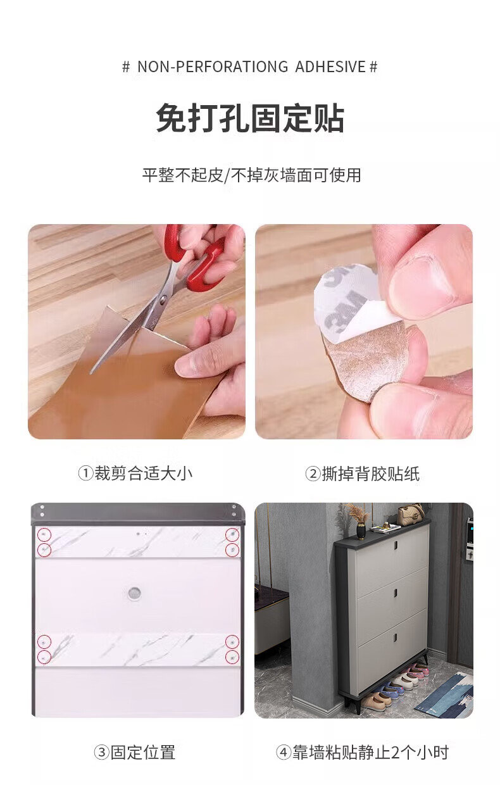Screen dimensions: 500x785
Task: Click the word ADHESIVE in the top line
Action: point(330,66)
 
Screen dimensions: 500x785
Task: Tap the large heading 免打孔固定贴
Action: point(250,118)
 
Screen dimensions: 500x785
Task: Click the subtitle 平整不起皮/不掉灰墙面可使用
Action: point(251,175)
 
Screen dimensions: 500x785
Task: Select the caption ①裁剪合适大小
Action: point(135,473)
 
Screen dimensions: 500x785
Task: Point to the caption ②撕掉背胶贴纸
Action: point(362,474)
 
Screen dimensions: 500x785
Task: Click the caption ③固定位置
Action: point(135,751)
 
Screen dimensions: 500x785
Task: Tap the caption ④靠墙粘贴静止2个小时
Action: point(362,751)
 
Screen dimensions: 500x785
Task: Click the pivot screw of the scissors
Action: point(163,299)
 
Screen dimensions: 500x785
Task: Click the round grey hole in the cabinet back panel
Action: point(133,593)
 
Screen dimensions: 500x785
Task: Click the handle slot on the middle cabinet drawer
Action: point(394,593)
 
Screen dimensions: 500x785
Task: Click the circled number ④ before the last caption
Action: point(283,751)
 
